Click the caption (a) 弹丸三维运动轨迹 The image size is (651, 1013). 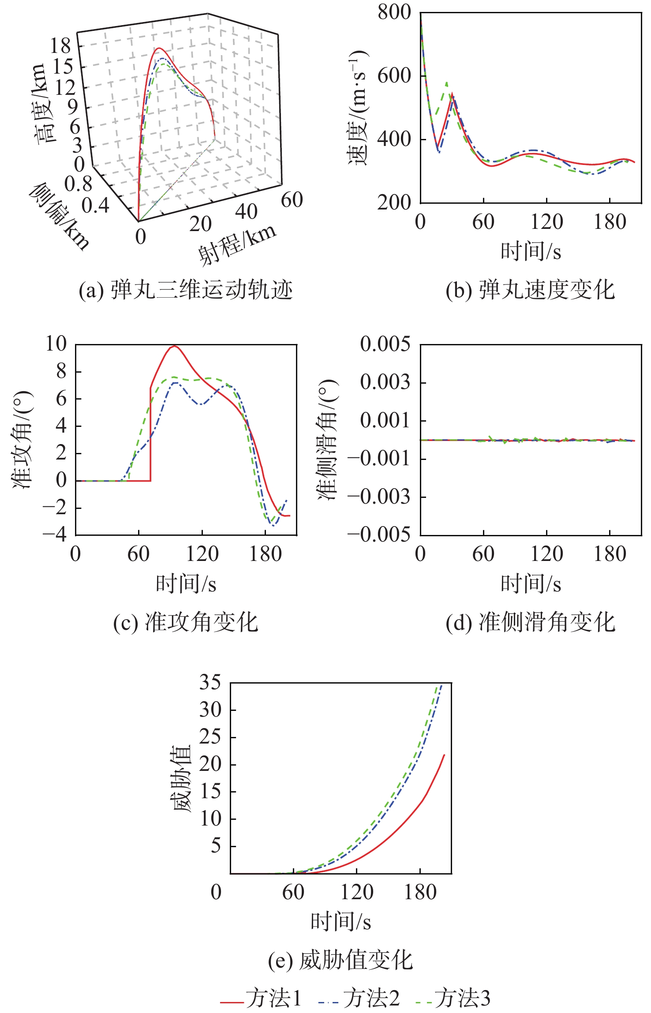point(186,290)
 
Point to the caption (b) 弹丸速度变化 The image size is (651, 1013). point(530,290)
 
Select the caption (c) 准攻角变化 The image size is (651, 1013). point(186,622)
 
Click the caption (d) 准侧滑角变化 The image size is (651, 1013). point(530,622)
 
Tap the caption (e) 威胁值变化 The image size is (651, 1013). point(340,960)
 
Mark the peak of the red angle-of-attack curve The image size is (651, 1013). point(175,346)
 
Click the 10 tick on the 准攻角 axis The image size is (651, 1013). point(56,344)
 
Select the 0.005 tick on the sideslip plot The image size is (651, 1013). point(385,344)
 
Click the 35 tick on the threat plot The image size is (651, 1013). point(210,682)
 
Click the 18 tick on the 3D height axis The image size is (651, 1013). point(60,45)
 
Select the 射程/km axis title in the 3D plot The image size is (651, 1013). point(237,245)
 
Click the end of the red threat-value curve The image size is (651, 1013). point(444,755)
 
